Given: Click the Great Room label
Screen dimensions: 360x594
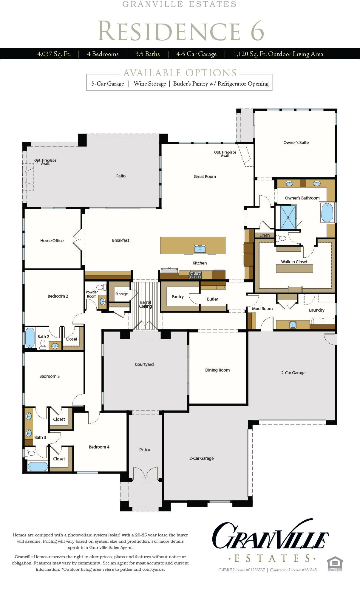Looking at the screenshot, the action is tap(205, 177).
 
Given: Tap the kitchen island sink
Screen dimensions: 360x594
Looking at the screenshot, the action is tap(200, 249).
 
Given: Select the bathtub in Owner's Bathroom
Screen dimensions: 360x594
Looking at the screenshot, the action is tap(327, 213).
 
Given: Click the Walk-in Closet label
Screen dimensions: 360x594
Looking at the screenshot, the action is tap(294, 262).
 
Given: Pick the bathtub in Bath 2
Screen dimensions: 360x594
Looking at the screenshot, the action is tap(30, 338).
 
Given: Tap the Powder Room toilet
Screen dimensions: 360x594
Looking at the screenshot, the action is tap(102, 287).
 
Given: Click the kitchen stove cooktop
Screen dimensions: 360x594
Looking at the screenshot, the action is tap(196, 275).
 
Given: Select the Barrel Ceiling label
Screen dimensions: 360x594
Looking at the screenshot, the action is tap(146, 304).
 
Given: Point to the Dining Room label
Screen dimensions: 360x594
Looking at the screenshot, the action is tap(217, 370).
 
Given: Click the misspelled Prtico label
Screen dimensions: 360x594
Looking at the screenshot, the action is tap(145, 450).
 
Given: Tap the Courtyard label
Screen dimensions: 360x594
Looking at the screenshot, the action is tap(144, 364).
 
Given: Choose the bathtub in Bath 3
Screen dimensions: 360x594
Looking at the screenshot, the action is tap(38, 466).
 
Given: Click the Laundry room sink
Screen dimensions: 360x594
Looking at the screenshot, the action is tap(293, 325).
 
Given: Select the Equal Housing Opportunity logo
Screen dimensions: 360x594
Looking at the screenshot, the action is tap(335, 564).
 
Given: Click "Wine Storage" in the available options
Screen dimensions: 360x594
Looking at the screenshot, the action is tap(150, 84).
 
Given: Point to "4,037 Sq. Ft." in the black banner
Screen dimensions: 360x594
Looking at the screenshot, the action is tap(54, 54).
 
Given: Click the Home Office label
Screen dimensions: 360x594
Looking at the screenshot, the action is tap(52, 241).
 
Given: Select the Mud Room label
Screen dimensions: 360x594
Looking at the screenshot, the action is tap(262, 309).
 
